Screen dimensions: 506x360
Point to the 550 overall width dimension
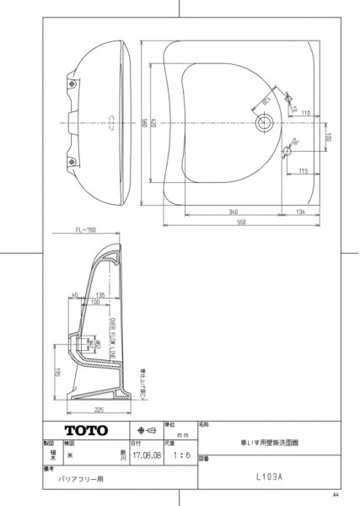[242, 223]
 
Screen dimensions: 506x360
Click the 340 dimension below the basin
[229, 212]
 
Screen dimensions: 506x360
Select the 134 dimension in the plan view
[301, 212]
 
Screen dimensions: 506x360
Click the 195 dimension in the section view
[56, 371]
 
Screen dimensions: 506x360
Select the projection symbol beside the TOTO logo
[144, 431]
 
